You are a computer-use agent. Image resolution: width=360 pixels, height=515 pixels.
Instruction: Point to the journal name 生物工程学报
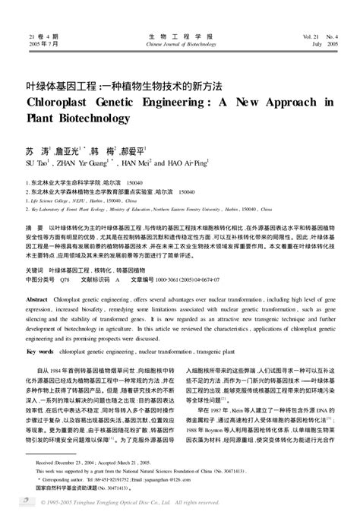[180, 36]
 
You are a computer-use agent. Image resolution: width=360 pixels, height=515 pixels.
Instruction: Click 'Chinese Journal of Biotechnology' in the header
[180, 44]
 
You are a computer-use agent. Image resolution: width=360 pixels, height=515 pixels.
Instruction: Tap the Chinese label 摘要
[35, 227]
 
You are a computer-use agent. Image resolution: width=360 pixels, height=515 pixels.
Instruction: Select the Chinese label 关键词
[34, 270]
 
